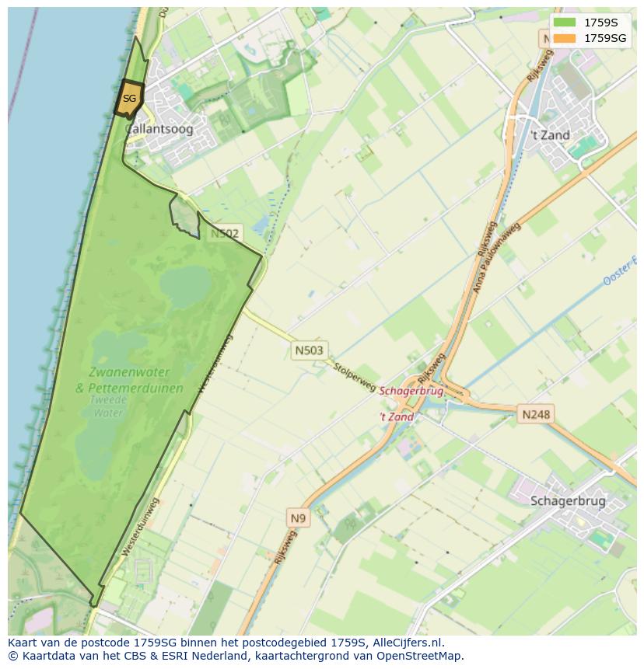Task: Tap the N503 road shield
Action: [x=309, y=350]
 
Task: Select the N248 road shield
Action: [x=536, y=414]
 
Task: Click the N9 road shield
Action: [x=298, y=517]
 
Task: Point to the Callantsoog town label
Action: [x=159, y=130]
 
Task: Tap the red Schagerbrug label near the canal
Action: [x=411, y=391]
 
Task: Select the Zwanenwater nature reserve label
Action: [x=130, y=372]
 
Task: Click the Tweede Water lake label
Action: [x=109, y=406]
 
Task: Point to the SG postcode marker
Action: [x=129, y=99]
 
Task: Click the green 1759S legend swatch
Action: [x=565, y=23]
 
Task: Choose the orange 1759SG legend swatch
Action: [x=565, y=38]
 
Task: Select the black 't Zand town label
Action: [x=550, y=135]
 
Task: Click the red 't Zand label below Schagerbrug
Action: [x=397, y=417]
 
